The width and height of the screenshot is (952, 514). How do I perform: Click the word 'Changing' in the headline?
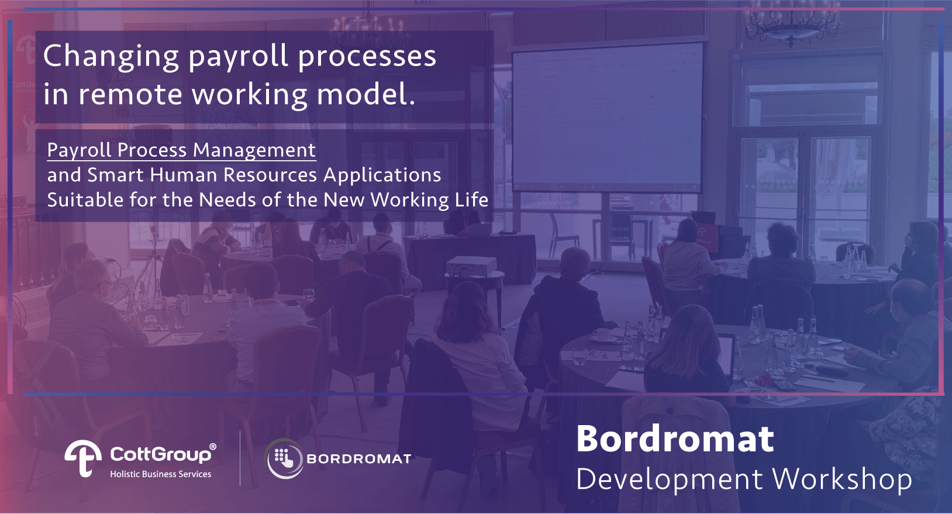pos(111,57)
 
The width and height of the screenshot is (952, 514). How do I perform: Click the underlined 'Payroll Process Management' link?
pos(181,150)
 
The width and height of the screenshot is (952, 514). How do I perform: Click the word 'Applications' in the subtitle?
pos(382,175)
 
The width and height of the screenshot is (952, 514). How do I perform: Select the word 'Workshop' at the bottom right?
pos(842,479)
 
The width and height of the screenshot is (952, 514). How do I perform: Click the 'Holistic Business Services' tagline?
pos(161,474)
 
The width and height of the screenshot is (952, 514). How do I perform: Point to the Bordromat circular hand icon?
pos(284,458)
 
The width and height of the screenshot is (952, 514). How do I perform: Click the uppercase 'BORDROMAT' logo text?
pos(358,458)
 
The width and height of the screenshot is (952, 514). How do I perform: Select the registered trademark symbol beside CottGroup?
pos(213,447)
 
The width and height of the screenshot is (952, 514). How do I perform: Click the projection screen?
pos(608,118)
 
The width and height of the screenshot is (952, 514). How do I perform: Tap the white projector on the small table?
pos(471,265)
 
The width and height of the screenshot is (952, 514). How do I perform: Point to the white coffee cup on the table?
pos(602,335)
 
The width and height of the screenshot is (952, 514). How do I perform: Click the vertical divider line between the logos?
pos(240,458)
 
